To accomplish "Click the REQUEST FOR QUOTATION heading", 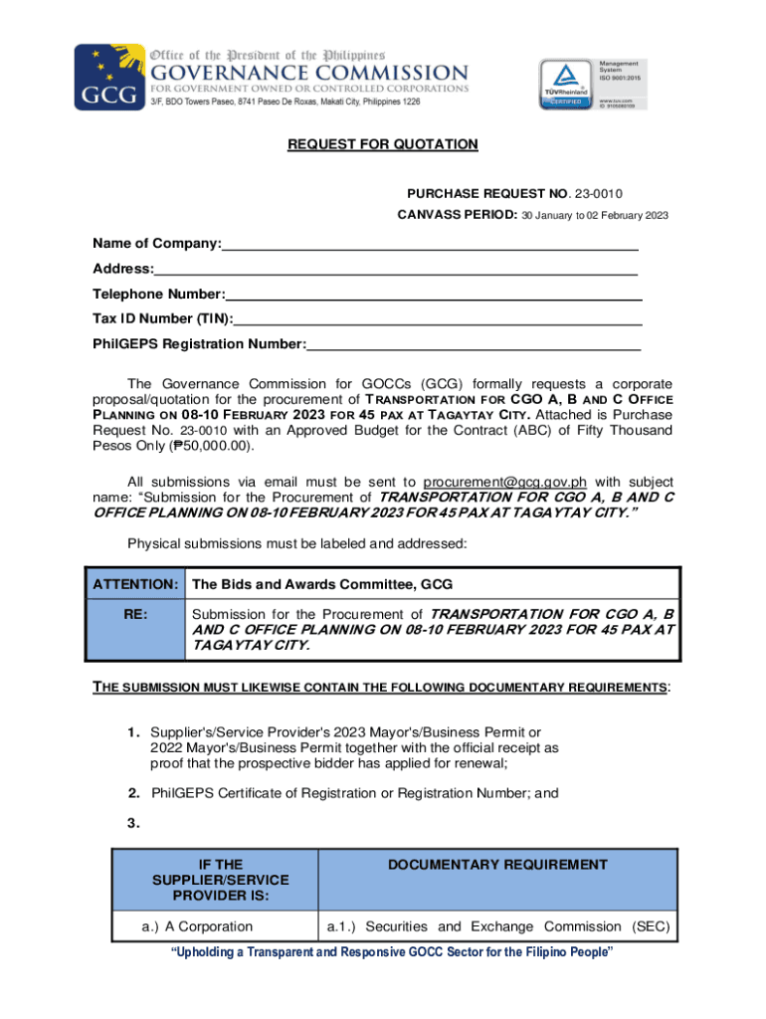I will (383, 145).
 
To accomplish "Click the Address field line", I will (396, 271).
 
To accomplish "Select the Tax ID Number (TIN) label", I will (163, 318).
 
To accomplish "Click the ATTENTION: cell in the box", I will (135, 584).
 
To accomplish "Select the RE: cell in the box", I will (135, 615).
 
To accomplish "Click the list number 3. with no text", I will (132, 823).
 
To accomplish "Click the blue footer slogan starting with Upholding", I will (393, 953).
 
